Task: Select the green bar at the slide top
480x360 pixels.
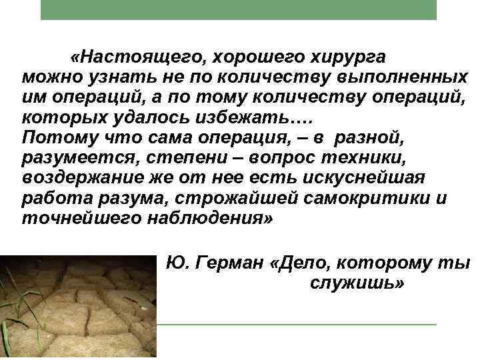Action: tap(239, 9)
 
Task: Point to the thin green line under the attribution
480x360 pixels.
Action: tap(297, 325)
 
